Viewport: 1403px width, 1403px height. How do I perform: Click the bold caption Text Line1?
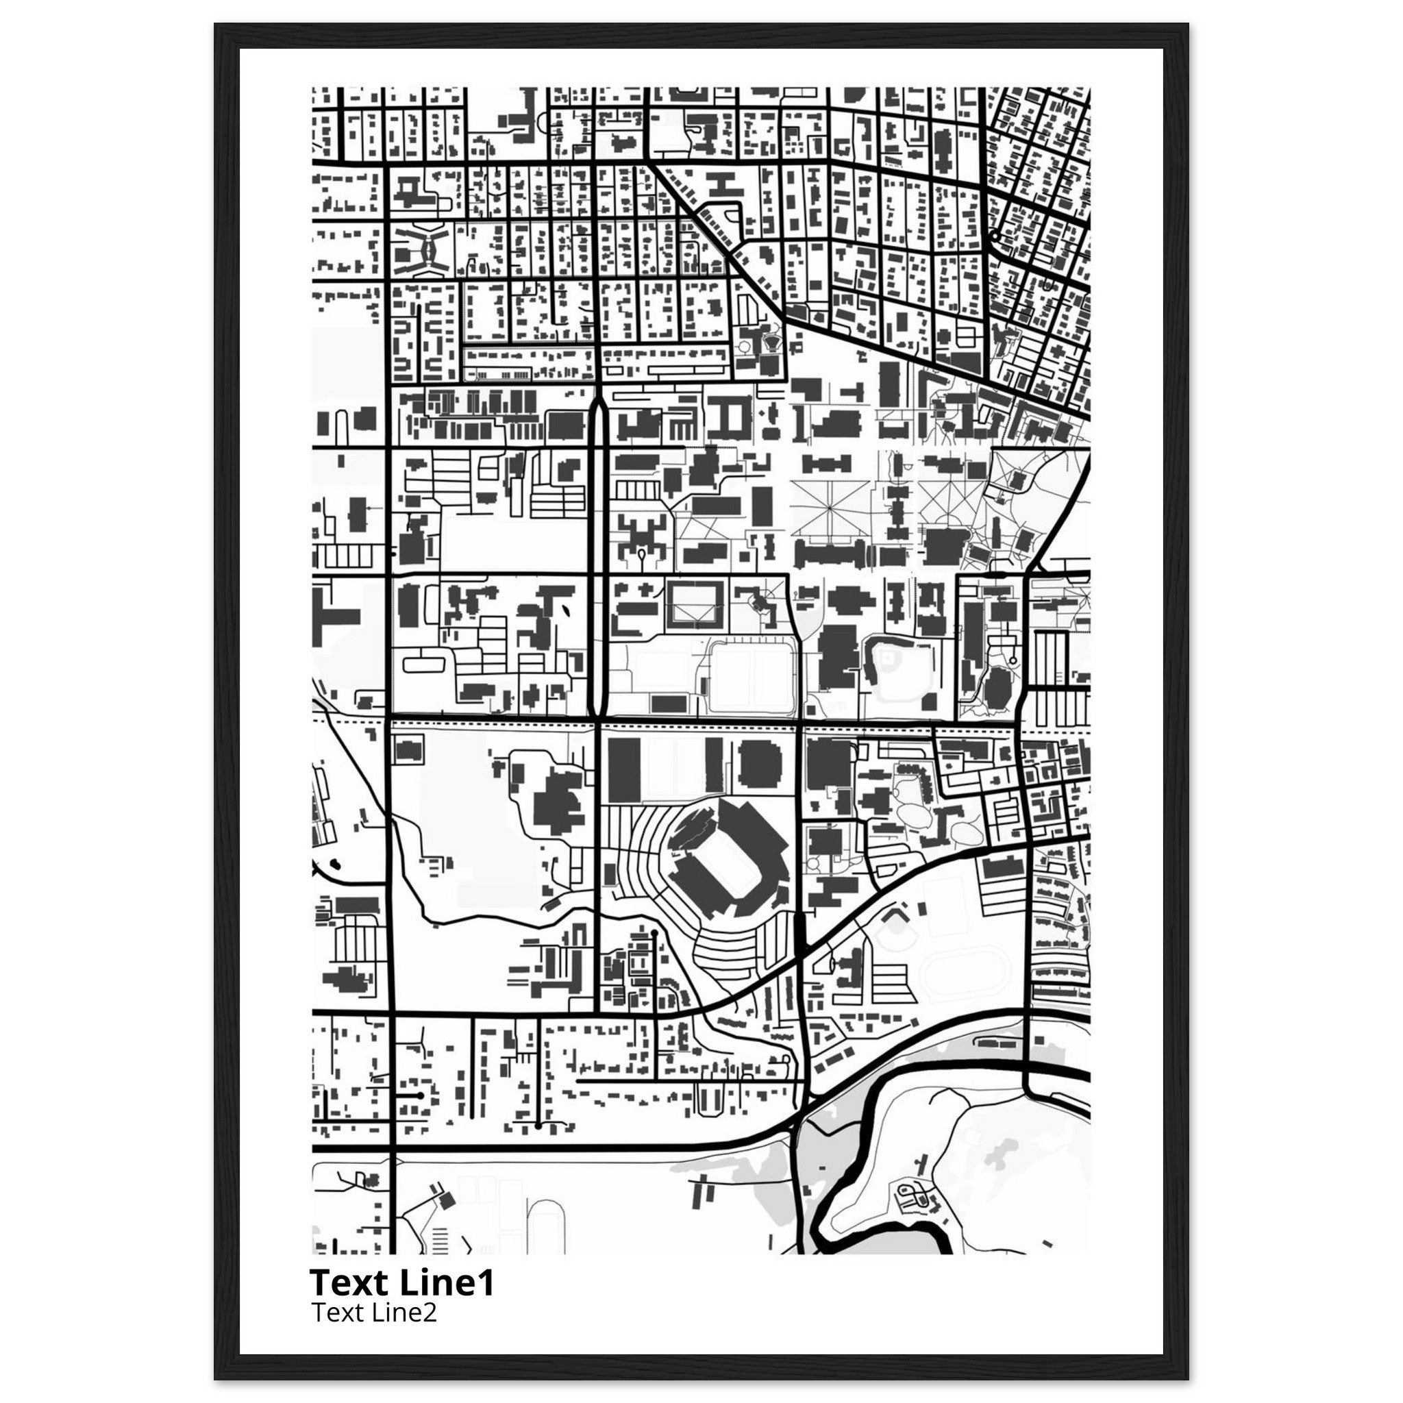coord(401,1283)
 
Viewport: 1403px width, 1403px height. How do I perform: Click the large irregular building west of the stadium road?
coord(558,806)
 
